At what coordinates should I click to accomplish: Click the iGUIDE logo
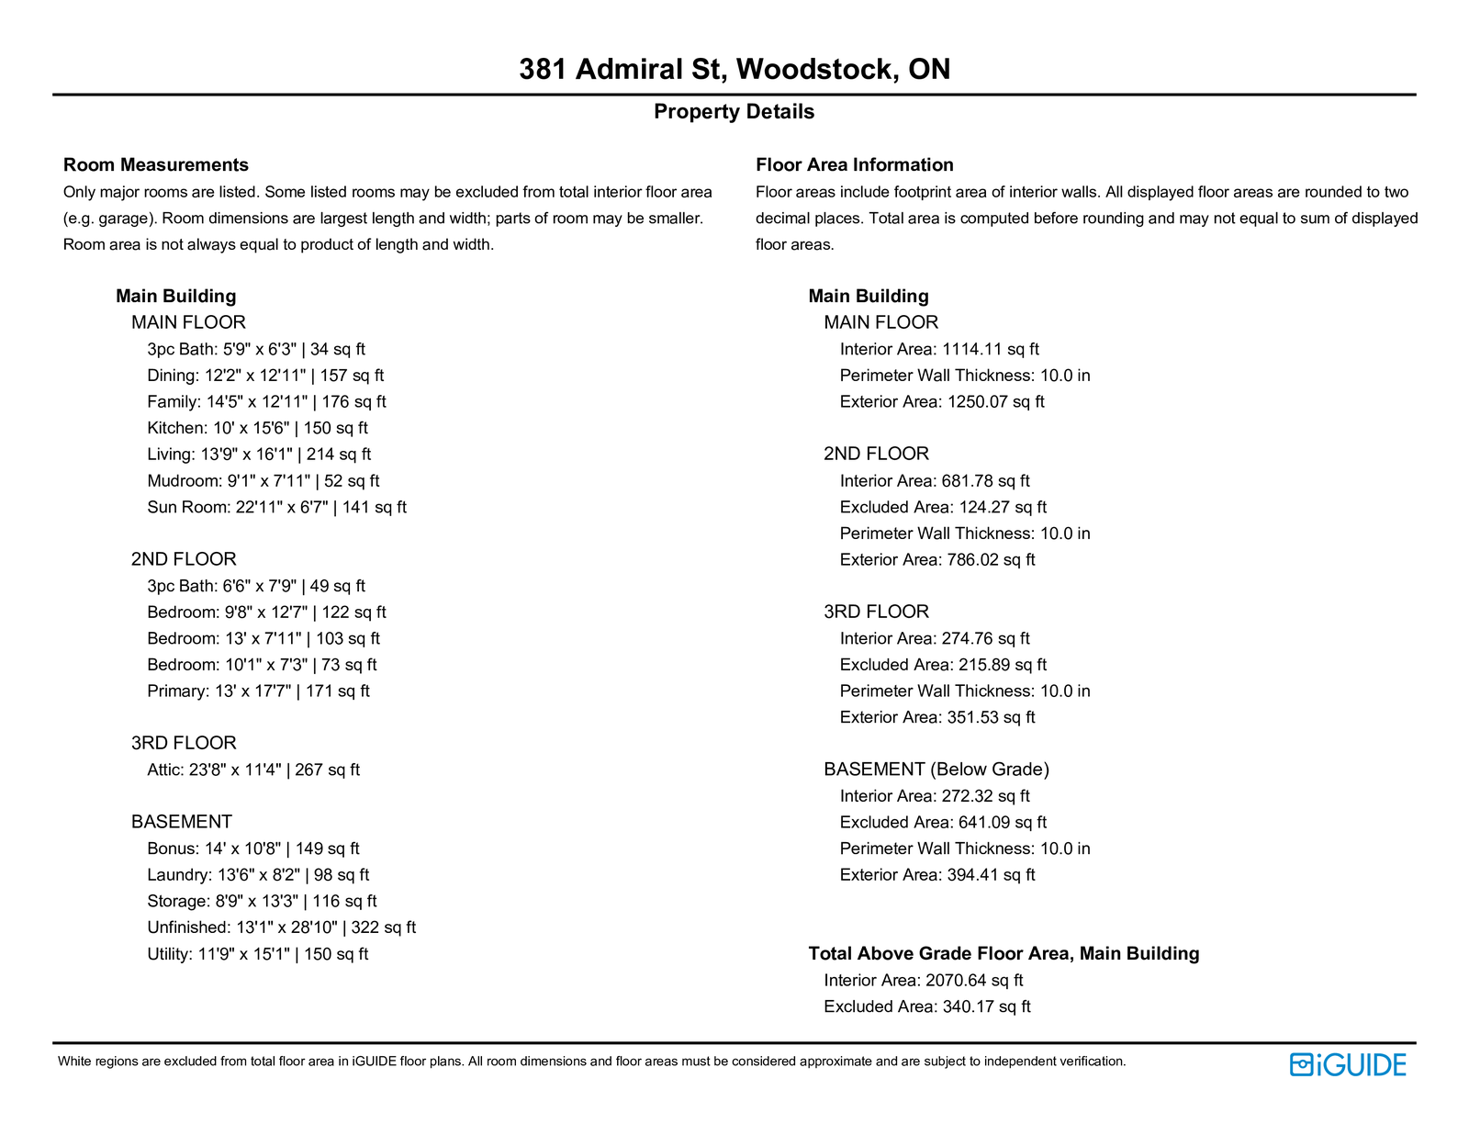point(1348,1064)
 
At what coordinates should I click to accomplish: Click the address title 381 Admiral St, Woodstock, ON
point(734,69)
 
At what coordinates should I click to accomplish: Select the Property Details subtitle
point(734,112)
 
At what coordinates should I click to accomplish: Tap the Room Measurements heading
point(156,165)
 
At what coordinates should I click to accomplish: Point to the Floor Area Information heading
point(854,165)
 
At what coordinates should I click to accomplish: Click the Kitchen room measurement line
point(257,428)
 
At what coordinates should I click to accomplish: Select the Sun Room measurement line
point(276,507)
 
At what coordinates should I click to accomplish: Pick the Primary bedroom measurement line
point(258,691)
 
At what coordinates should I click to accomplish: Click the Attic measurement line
point(253,770)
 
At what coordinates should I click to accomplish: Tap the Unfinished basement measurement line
point(281,927)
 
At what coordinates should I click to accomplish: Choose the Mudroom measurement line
point(263,481)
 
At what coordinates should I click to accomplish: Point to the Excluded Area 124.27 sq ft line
point(943,507)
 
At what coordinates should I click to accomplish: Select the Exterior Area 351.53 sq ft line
point(937,717)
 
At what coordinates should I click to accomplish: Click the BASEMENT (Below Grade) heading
point(936,770)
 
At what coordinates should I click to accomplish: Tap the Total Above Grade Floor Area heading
point(1004,954)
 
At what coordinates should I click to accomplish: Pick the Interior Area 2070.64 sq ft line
point(924,981)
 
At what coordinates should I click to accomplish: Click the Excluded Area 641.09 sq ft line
point(943,823)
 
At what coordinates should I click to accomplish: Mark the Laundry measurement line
point(258,875)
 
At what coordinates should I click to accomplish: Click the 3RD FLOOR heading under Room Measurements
point(184,743)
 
